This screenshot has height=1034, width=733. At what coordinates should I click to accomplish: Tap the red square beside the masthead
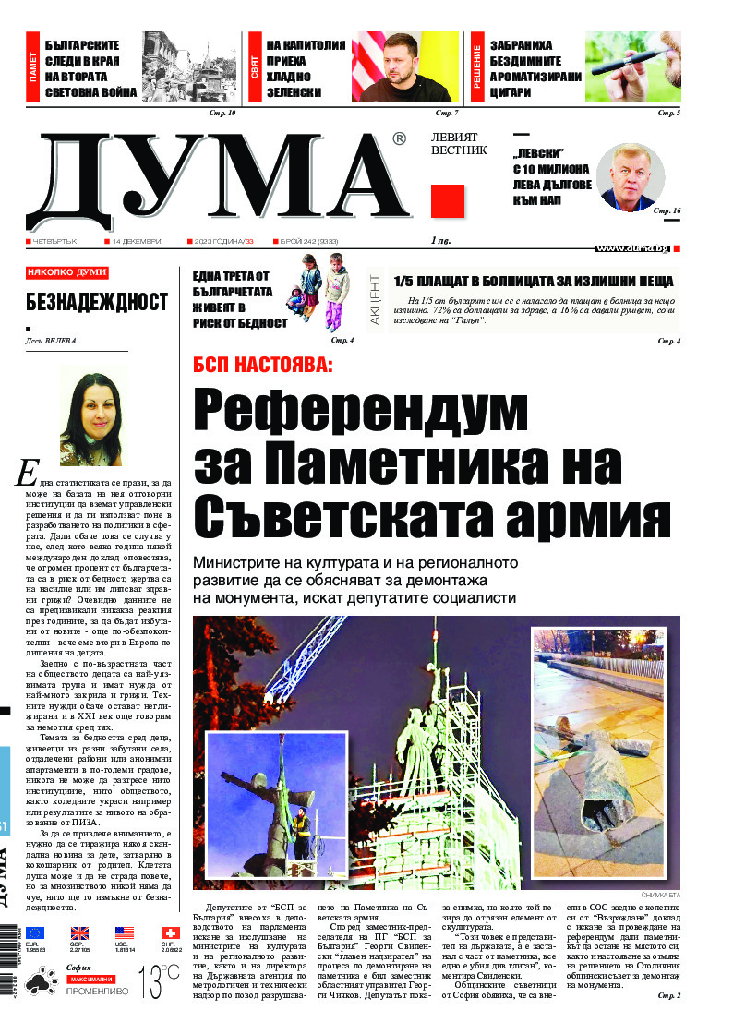(x=447, y=200)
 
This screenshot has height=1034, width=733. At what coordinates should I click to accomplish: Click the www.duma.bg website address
(x=631, y=248)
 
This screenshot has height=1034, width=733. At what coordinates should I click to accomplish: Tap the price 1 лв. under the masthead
(x=440, y=242)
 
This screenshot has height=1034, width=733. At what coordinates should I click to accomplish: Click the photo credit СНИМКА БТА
(x=660, y=896)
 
